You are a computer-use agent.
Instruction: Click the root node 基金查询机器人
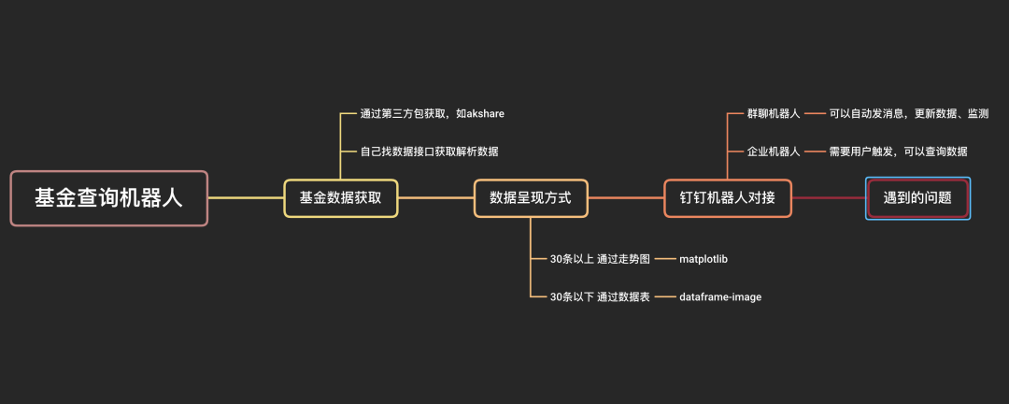[108, 198]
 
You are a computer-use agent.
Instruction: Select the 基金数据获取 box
[341, 198]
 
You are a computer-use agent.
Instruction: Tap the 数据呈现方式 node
[531, 198]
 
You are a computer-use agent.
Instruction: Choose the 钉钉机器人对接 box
[728, 198]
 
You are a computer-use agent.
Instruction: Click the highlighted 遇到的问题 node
[917, 198]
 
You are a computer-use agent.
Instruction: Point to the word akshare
[481, 113]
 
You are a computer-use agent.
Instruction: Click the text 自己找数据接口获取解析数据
[430, 151]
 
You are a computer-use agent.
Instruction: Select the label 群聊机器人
[774, 113]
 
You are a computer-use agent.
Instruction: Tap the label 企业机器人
[774, 151]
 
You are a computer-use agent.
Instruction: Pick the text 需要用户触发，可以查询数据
[898, 151]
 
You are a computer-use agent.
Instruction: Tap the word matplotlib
[710, 258]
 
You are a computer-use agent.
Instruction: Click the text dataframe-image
[720, 296]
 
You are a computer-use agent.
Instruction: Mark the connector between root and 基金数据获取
[246, 198]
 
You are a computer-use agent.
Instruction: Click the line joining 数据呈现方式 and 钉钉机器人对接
[626, 198]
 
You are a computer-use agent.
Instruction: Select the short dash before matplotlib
[663, 258]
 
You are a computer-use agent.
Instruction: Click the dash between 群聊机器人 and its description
[814, 113]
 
